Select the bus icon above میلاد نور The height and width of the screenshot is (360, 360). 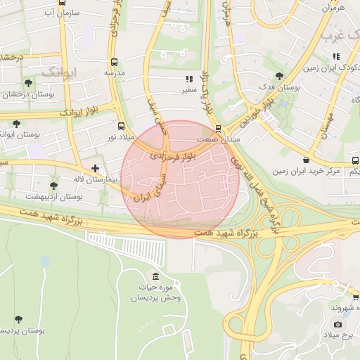click(122, 127)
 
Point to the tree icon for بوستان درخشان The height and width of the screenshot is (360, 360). click(28, 84)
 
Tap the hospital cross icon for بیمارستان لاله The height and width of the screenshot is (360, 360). click(95, 169)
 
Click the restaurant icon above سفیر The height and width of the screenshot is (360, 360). click(188, 79)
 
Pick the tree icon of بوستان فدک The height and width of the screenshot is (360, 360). click(279, 76)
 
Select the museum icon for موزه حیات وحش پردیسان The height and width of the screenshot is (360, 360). click(155, 276)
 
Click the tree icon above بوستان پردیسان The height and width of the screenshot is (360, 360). click(18, 319)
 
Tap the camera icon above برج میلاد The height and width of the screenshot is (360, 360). click(338, 324)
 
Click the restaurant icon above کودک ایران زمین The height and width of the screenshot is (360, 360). click(333, 57)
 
